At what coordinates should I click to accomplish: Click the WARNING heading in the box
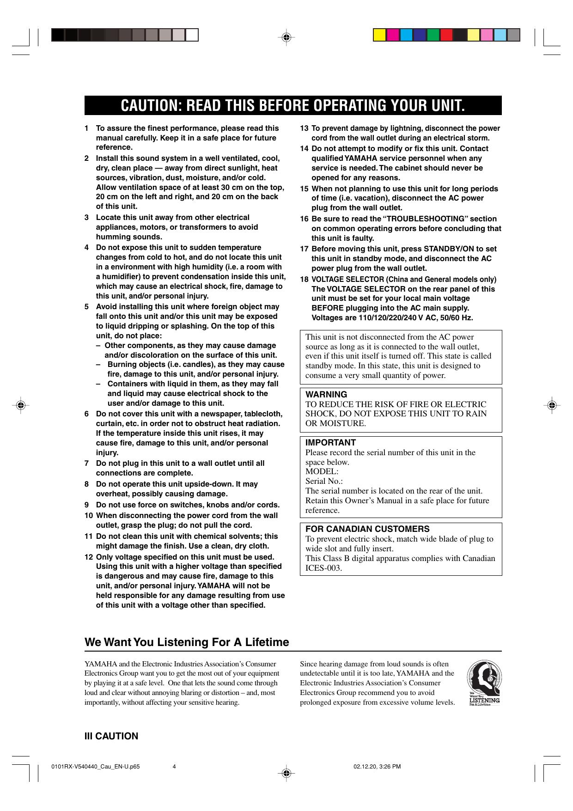coord(326,395)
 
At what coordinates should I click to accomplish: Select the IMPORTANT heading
coord(330,443)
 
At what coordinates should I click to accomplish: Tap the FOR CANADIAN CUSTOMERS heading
coord(367,529)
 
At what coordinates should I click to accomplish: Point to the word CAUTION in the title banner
coord(148,106)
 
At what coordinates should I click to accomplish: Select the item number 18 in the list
coord(304,280)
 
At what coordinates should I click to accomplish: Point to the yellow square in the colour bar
coord(380,35)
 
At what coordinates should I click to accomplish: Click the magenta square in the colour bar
coord(393,35)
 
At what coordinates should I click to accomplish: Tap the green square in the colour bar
coord(433,35)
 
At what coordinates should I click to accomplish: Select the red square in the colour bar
coord(446,35)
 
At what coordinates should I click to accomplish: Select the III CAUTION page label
coord(111,737)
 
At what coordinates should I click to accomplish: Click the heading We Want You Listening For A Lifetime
coord(187,642)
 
